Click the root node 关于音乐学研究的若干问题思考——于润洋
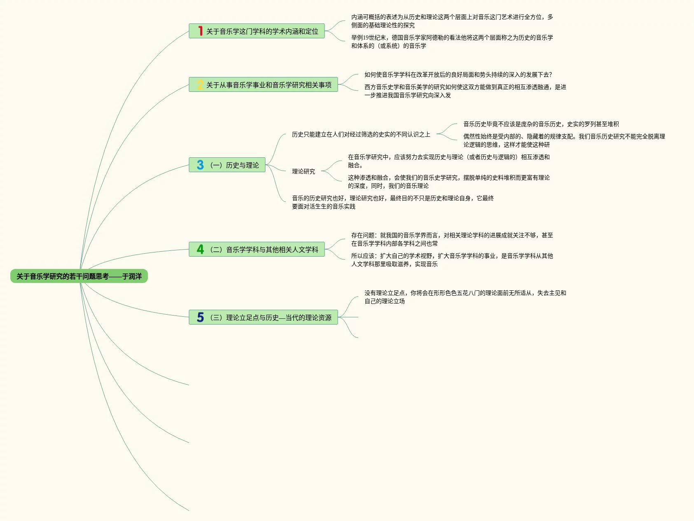[79, 276]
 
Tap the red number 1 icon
[200, 31]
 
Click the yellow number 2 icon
[200, 85]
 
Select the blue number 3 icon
[200, 165]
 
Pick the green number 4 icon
[200, 250]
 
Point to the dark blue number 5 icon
[200, 318]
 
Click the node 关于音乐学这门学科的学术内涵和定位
[262, 31]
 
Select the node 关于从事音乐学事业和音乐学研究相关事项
[269, 85]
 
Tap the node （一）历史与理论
[234, 165]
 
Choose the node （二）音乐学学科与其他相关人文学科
[264, 250]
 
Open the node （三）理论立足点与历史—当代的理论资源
[270, 318]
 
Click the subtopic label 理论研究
[304, 171]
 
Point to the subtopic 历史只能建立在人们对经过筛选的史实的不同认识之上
[361, 134]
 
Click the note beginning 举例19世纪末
[452, 42]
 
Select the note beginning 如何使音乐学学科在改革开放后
[458, 75]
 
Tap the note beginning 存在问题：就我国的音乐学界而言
[452, 239]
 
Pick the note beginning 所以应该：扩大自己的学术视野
[452, 260]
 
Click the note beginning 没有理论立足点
[465, 297]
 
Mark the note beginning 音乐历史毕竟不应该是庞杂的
[541, 124]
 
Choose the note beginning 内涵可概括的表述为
[452, 21]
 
